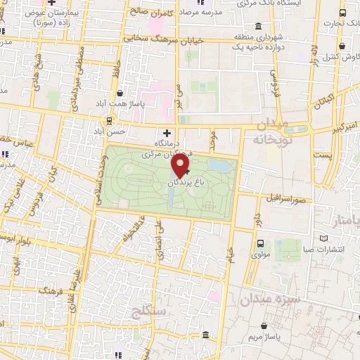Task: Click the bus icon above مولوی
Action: (x=261, y=245)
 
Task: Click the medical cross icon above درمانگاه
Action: (x=167, y=131)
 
